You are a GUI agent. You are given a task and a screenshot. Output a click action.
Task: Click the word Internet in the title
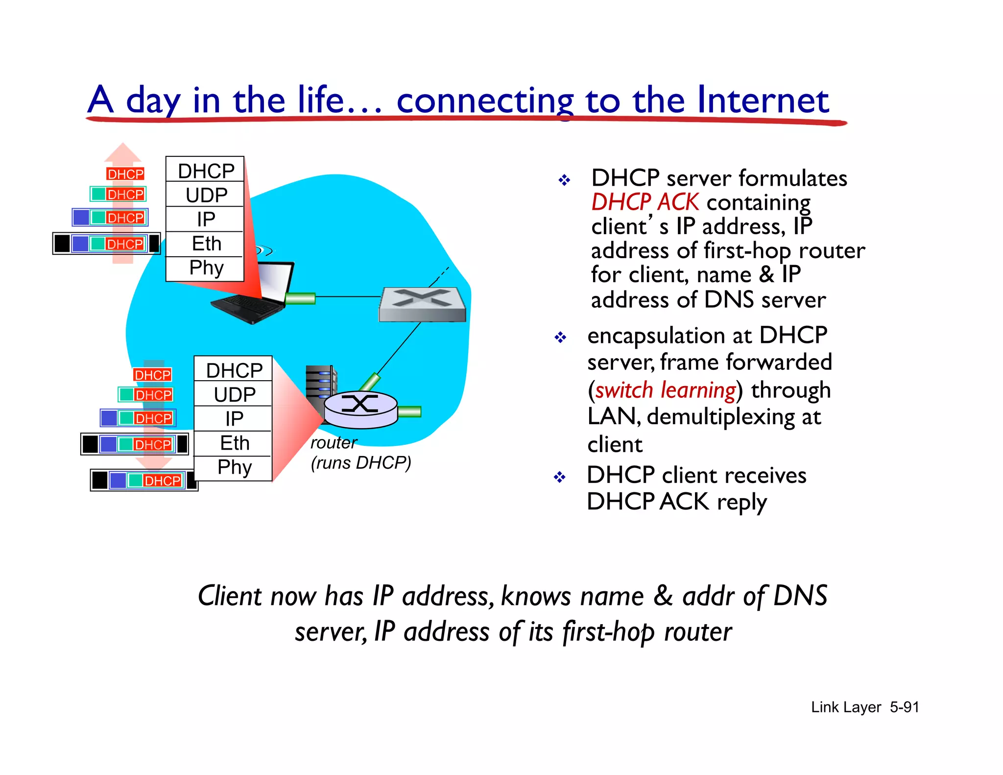pyautogui.click(x=763, y=100)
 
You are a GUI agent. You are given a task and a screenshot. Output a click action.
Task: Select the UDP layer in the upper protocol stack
pyautogui.click(x=206, y=195)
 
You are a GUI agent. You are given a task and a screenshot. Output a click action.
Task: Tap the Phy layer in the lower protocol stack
pyautogui.click(x=234, y=467)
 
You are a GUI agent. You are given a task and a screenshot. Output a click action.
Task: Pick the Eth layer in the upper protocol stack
pyautogui.click(x=206, y=243)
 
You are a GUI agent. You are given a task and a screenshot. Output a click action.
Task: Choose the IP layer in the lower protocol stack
pyautogui.click(x=234, y=419)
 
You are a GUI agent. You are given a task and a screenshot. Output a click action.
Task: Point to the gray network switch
pyautogui.click(x=422, y=304)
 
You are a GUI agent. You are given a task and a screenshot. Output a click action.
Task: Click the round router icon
pyautogui.click(x=360, y=409)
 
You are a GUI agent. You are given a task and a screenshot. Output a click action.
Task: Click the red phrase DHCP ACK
pyautogui.click(x=645, y=202)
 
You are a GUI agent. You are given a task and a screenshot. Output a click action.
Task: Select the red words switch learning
pyautogui.click(x=665, y=390)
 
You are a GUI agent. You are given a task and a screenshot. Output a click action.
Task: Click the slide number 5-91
pyautogui.click(x=904, y=707)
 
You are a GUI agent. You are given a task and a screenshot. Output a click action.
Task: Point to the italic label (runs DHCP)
pyautogui.click(x=361, y=463)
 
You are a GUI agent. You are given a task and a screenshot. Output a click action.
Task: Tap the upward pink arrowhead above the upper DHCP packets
pyautogui.click(x=122, y=152)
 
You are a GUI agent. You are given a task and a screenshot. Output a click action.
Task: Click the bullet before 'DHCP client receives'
pyautogui.click(x=559, y=477)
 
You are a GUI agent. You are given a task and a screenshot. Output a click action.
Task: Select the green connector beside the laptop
pyautogui.click(x=300, y=298)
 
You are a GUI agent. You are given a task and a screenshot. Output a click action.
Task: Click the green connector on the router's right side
pyautogui.click(x=409, y=412)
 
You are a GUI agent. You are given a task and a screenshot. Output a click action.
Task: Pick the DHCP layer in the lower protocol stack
pyautogui.click(x=234, y=370)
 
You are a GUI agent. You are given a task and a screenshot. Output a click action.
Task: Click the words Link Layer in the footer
pyautogui.click(x=846, y=707)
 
